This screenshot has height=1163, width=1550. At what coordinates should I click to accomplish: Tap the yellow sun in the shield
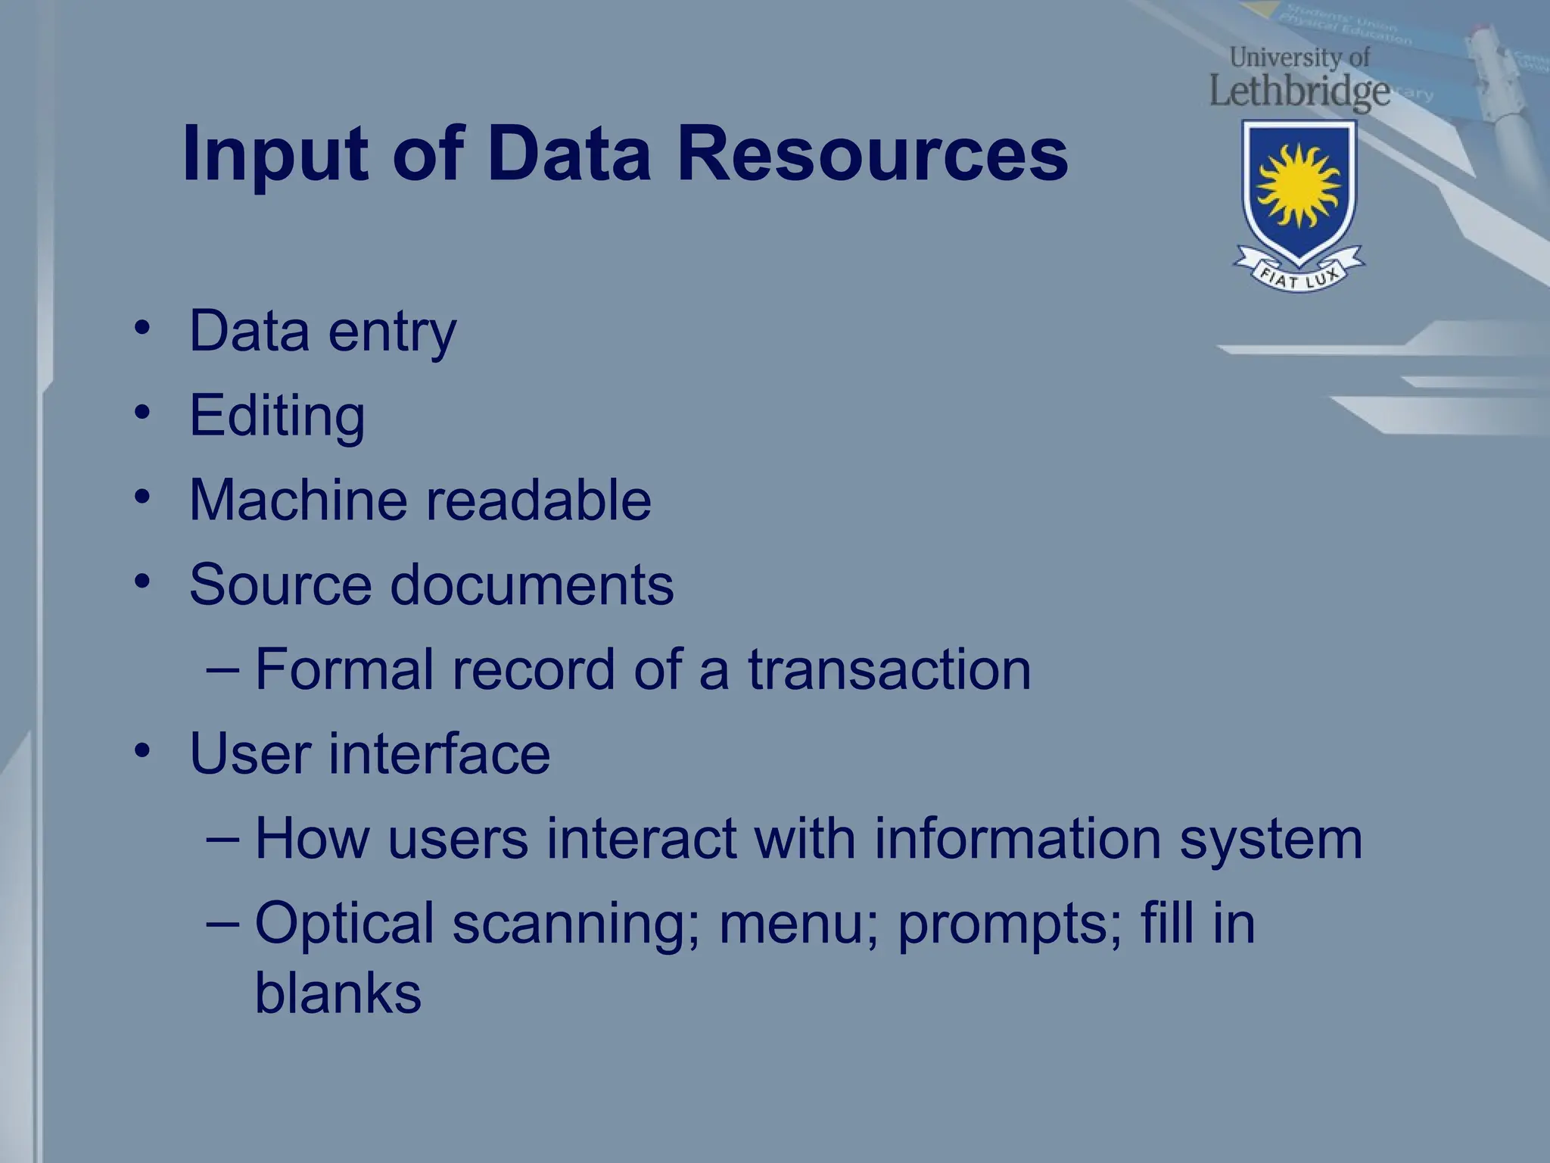(x=1299, y=185)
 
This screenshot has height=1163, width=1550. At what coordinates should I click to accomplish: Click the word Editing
(x=277, y=416)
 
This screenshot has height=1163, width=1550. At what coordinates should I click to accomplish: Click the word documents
(x=531, y=585)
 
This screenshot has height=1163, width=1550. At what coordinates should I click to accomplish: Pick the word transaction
(x=889, y=669)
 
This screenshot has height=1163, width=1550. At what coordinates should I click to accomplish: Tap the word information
(x=1017, y=839)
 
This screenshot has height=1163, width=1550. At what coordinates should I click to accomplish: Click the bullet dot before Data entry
(x=142, y=329)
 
